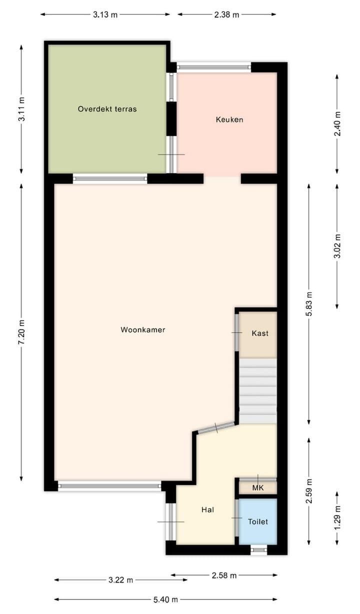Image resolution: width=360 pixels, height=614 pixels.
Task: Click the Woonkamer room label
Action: (142, 330)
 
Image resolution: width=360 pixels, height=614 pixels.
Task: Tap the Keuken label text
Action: (229, 119)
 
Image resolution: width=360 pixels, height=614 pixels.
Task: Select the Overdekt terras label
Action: (107, 108)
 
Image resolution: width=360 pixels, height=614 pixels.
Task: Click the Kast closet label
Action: (260, 333)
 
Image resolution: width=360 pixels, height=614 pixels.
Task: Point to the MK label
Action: (257, 488)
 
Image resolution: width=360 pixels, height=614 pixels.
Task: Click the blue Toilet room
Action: (258, 521)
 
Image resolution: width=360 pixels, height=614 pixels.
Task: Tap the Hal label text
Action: (208, 510)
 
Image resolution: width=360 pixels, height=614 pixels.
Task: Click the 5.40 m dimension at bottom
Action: (165, 599)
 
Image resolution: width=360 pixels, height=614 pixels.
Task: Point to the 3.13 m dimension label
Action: (105, 14)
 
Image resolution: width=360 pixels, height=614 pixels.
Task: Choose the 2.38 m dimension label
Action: (226, 14)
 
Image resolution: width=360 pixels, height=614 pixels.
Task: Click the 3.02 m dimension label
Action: (337, 246)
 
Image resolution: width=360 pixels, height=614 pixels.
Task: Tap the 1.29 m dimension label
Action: (337, 517)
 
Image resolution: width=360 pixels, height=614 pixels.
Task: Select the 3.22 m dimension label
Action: (120, 580)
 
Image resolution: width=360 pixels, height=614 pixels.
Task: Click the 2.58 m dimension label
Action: (223, 575)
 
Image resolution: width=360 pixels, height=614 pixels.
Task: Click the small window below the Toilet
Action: (258, 550)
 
